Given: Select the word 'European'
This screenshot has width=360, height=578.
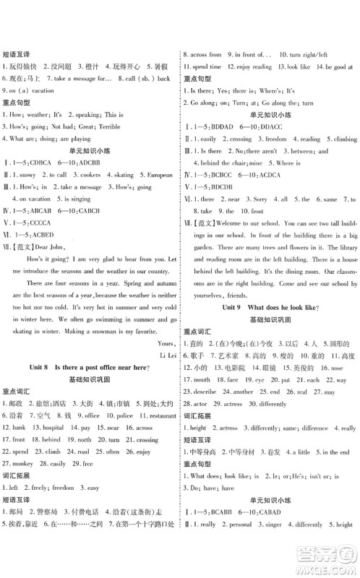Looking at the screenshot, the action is (159, 175).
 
